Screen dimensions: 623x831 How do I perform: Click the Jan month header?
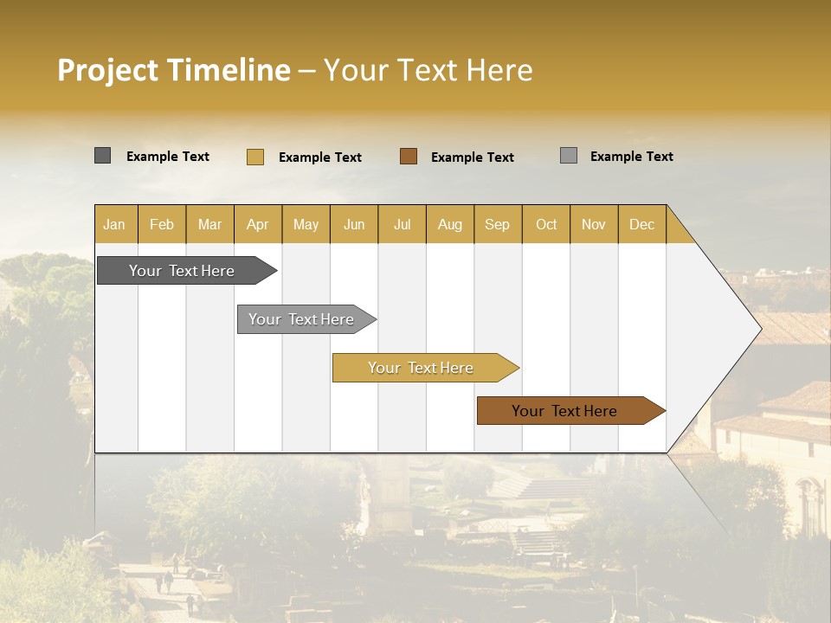[114, 224]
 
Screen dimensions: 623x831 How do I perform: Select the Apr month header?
[257, 224]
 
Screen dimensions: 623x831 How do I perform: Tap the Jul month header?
[402, 224]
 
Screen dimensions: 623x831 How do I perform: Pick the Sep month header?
[497, 224]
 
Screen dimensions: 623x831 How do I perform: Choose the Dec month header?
[641, 224]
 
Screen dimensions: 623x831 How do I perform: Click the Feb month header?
[162, 224]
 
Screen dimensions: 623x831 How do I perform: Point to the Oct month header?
[546, 224]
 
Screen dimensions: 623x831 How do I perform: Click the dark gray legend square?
[102, 156]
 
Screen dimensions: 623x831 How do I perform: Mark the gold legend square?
[254, 157]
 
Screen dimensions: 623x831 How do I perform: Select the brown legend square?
[409, 157]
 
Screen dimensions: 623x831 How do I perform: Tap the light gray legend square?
[568, 156]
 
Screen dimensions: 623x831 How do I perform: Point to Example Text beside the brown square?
[472, 157]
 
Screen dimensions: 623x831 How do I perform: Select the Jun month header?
[354, 224]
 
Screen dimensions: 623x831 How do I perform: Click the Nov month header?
[594, 224]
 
